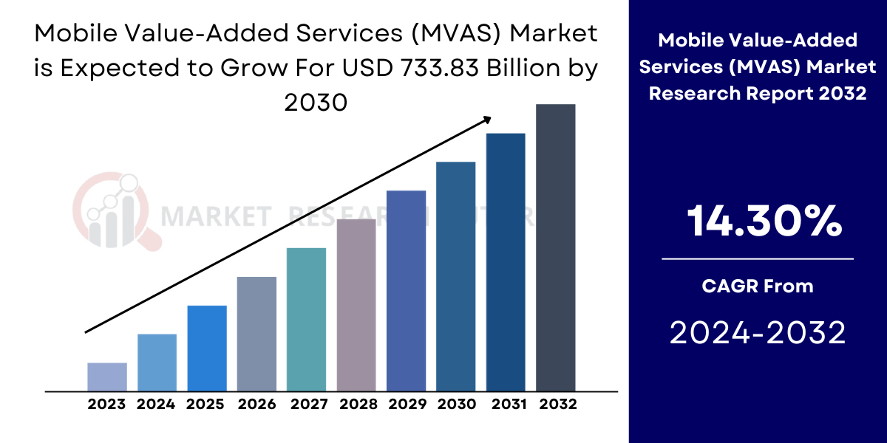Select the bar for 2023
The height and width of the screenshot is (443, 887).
(107, 377)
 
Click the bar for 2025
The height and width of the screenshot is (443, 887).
(207, 348)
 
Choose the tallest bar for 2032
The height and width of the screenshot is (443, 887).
(555, 247)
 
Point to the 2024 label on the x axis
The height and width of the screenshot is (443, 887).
(156, 405)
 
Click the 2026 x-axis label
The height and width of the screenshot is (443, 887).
(256, 405)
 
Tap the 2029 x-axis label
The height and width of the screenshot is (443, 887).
(406, 405)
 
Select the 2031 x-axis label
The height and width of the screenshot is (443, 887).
(506, 405)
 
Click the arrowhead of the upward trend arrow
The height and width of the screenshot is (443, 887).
(489, 118)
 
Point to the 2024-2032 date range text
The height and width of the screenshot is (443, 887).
(758, 334)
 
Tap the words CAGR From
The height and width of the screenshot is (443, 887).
(758, 286)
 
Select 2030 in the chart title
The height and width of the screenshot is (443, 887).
(316, 102)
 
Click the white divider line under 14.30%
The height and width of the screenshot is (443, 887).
(758, 259)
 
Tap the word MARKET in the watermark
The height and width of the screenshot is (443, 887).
(214, 216)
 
